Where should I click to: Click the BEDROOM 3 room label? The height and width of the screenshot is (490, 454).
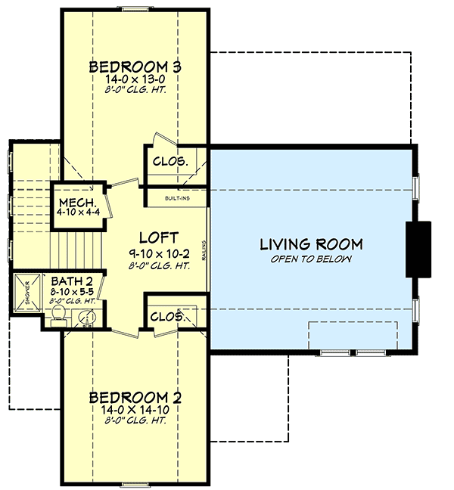point(135,64)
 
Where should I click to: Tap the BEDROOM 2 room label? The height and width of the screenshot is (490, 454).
point(135,396)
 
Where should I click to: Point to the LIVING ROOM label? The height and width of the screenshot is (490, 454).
point(311,244)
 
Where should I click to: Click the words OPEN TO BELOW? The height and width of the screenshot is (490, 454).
point(311,259)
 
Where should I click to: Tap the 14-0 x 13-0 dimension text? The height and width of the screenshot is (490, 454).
point(135,79)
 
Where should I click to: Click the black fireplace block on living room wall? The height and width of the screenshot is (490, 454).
point(418,250)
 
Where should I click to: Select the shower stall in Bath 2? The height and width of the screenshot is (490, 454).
point(25,291)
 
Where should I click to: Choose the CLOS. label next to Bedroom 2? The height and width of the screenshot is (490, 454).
point(166,317)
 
